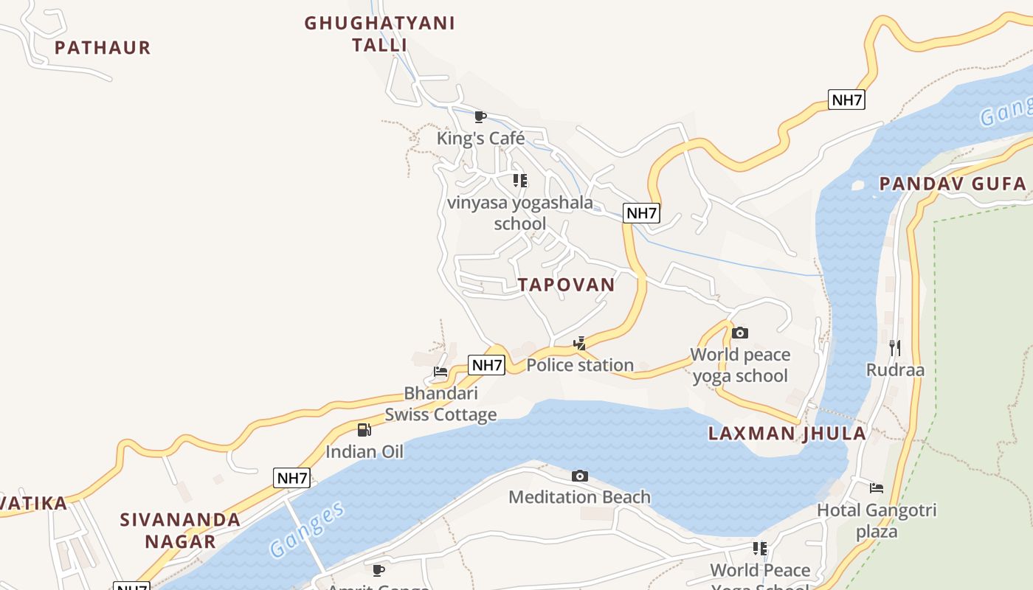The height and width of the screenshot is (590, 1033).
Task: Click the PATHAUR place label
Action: (103, 48)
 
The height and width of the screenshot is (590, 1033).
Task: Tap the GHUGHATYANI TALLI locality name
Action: (379, 34)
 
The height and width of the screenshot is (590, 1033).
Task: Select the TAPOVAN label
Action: (566, 285)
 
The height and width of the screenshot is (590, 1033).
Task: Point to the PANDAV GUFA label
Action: (953, 184)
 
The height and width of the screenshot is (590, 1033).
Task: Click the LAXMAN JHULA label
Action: (787, 433)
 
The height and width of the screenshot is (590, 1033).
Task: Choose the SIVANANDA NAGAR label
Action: (181, 530)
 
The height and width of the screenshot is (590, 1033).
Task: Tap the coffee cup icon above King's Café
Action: (480, 117)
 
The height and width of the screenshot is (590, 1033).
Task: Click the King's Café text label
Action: (480, 138)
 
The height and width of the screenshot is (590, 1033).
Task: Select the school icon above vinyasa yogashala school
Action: (520, 181)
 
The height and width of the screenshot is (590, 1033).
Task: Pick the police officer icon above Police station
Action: (580, 344)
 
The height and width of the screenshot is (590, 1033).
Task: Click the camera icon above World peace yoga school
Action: (740, 333)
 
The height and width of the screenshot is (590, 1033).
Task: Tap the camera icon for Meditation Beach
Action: (580, 476)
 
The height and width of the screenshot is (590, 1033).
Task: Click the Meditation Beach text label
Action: (580, 497)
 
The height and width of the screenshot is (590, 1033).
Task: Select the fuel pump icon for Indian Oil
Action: (365, 430)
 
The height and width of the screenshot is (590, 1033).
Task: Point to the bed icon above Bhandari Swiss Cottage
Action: (441, 372)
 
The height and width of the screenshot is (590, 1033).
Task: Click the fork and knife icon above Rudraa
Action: (894, 347)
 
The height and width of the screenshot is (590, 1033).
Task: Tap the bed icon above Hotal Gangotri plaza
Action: (877, 488)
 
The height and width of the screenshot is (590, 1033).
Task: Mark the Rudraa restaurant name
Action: (895, 369)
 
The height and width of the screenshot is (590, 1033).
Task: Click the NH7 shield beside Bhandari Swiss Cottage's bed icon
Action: (487, 364)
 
